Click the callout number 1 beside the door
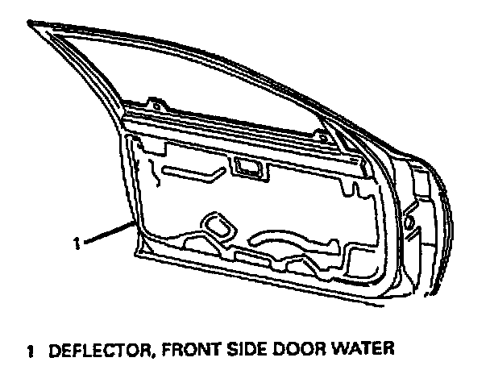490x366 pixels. (75, 239)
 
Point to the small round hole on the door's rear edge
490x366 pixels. (409, 218)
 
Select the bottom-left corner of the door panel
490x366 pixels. (139, 256)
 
